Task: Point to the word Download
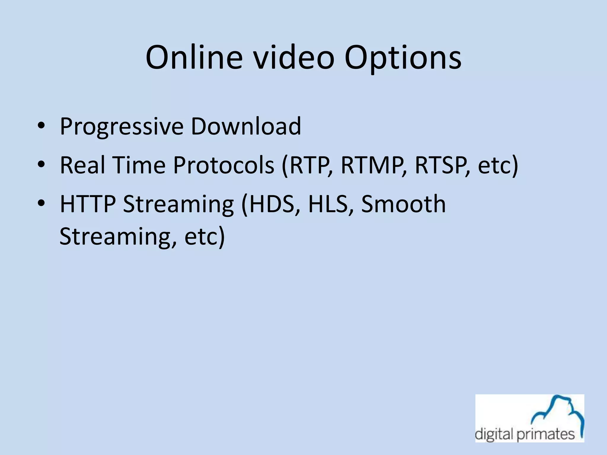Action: pyautogui.click(x=246, y=126)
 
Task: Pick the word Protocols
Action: pyautogui.click(x=224, y=165)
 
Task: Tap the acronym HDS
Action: pyautogui.click(x=271, y=204)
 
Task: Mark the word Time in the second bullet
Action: pyautogui.click(x=138, y=165)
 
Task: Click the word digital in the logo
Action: pyautogui.click(x=494, y=435)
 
